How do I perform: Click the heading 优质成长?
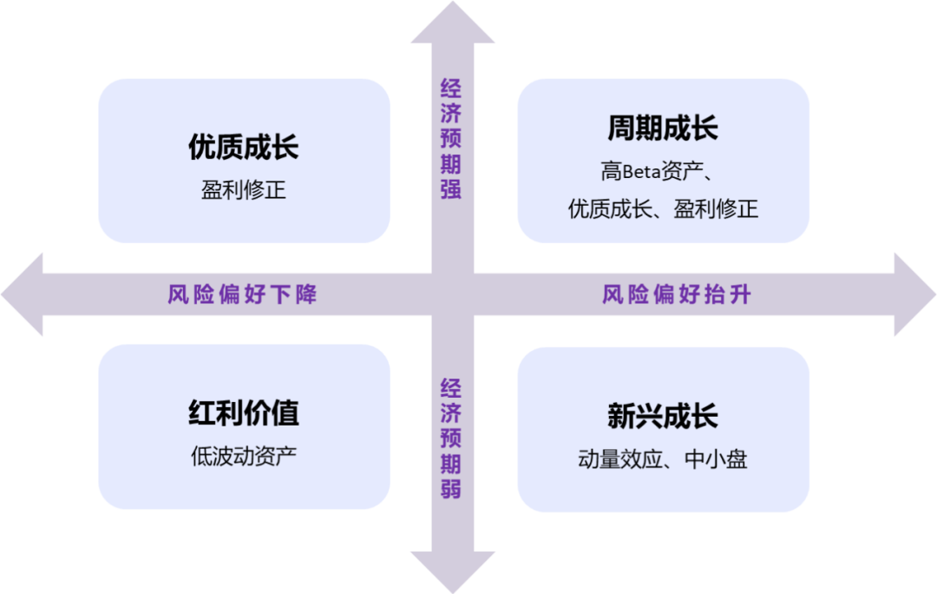[244, 147]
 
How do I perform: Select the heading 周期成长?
[663, 128]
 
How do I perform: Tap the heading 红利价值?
[244, 412]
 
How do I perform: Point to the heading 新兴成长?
[663, 416]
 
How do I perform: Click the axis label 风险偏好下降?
[242, 294]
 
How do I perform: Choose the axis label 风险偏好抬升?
[677, 294]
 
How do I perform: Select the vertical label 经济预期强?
[451, 139]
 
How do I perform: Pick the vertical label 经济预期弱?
[451, 439]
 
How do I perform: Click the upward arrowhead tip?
[453, 2]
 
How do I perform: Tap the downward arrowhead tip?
[453, 592]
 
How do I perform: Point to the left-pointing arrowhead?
[23, 294]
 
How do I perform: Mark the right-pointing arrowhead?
[914, 294]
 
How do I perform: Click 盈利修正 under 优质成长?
[244, 190]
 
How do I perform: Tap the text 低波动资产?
[244, 457]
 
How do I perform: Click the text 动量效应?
[620, 459]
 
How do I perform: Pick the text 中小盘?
[716, 459]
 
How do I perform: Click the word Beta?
[642, 172]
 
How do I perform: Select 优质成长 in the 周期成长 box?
[610, 209]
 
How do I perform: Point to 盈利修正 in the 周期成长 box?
[716, 209]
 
